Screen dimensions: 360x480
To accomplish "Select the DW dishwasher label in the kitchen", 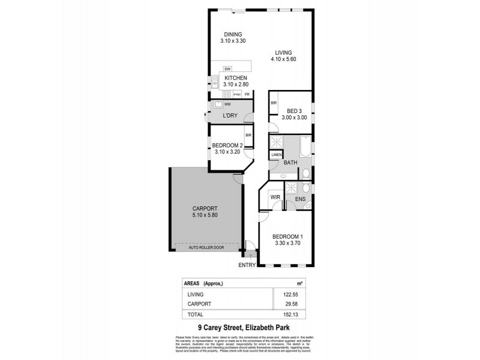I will (227, 69).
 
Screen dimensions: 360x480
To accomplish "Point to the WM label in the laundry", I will (227, 105).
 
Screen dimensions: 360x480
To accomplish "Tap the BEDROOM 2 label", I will (227, 145).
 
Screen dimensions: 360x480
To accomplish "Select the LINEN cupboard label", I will (276, 155).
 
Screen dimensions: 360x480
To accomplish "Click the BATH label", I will (290, 163).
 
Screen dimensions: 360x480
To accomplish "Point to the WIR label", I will (276, 196).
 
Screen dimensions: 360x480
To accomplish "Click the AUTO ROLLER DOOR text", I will (206, 247).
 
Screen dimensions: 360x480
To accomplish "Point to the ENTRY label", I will (247, 265).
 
